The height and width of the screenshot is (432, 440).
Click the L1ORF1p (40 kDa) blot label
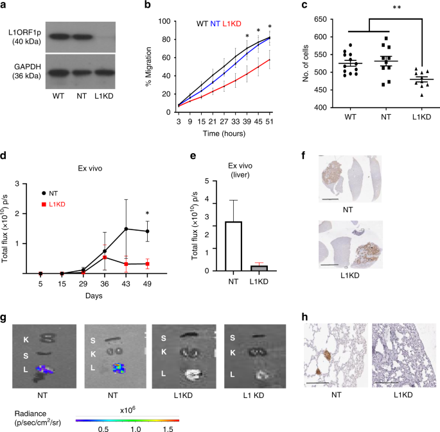tap(23, 37)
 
